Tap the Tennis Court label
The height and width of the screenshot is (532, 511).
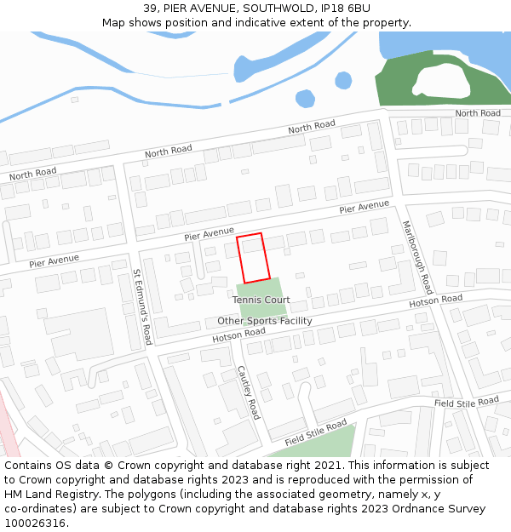click(261, 300)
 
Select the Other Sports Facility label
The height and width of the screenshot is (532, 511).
click(264, 321)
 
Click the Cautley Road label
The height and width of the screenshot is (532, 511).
click(247, 392)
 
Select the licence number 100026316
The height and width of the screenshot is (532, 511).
click(35, 523)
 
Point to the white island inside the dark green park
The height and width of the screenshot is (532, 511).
click(440, 81)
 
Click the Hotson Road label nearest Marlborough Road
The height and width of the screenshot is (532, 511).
click(435, 300)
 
